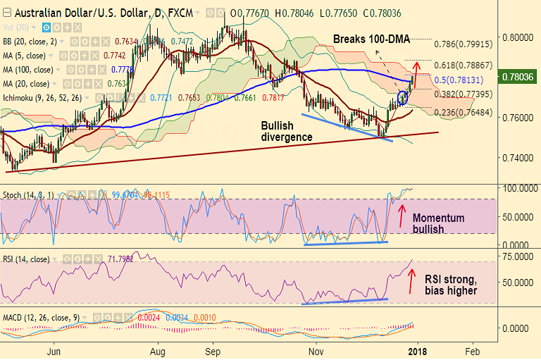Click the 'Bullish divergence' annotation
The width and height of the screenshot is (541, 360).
click(286, 131)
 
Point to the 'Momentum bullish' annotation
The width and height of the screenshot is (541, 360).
click(438, 223)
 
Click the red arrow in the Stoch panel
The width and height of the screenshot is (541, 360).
click(402, 215)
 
